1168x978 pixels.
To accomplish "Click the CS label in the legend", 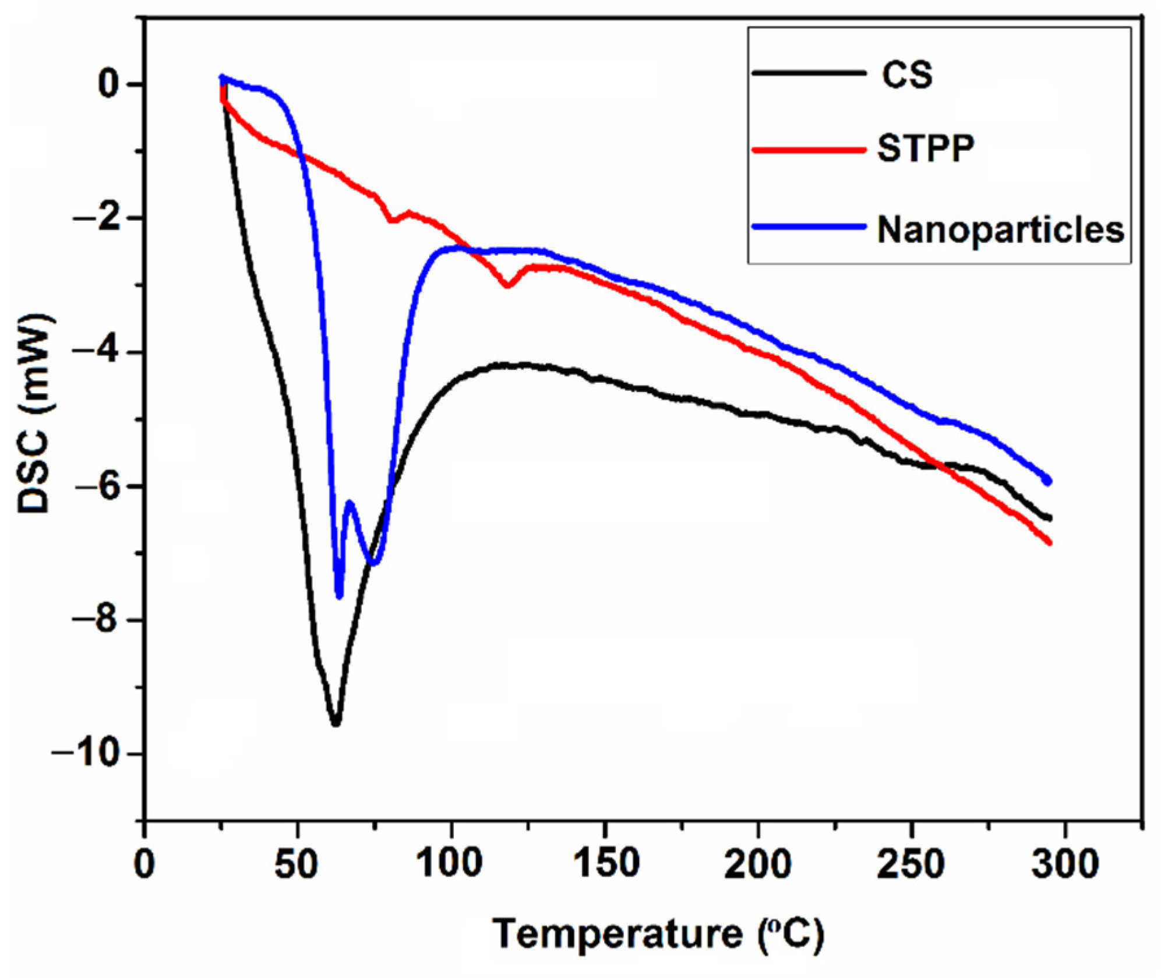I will [x=906, y=75].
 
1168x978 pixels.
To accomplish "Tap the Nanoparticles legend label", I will [x=1000, y=230].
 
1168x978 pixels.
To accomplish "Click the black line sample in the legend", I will [x=809, y=73].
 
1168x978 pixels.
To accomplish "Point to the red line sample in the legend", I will [x=809, y=150].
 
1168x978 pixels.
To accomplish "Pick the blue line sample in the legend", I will [x=809, y=227].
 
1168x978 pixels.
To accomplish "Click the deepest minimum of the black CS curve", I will [x=336, y=723].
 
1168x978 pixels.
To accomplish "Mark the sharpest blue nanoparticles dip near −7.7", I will [x=339, y=595].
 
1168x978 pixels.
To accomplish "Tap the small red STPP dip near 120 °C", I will [x=508, y=285].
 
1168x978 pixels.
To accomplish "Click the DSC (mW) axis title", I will [x=35, y=414].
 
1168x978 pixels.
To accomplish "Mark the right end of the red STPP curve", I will [x=1050, y=543].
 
